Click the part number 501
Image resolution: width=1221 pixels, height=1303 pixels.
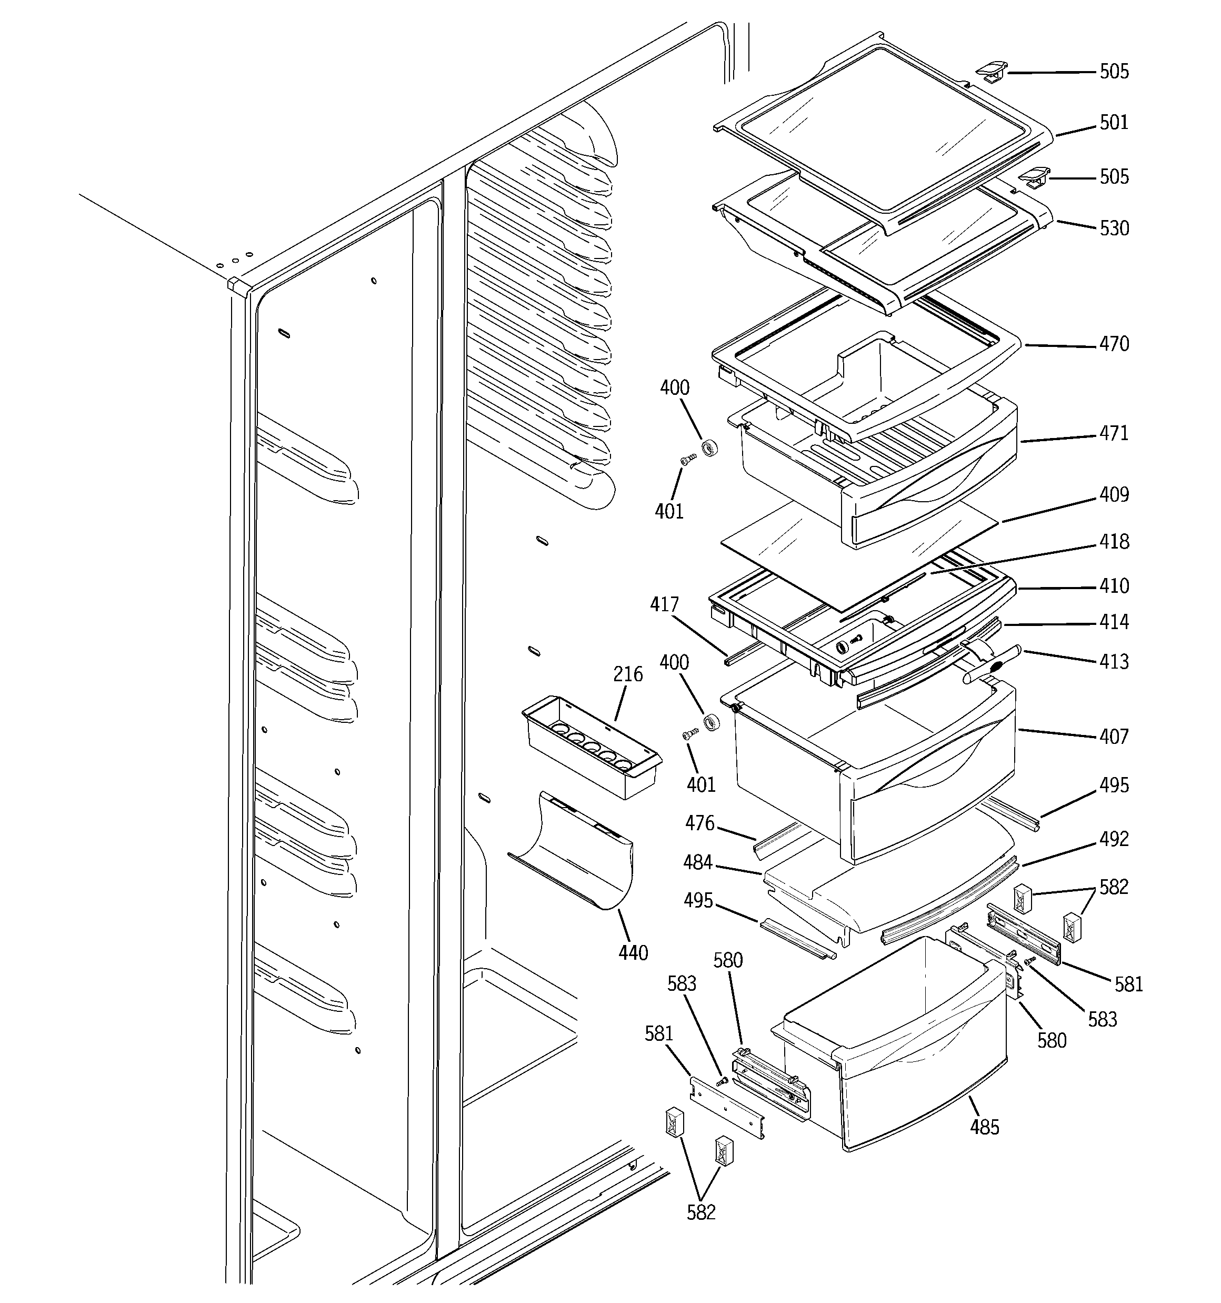pos(1114,123)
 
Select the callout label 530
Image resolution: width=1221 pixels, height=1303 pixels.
pos(1114,228)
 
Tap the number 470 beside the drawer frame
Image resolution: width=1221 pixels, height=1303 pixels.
pos(1114,344)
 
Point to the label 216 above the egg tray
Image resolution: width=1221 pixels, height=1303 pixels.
pos(628,674)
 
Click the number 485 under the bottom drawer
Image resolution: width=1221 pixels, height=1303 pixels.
pos(984,1127)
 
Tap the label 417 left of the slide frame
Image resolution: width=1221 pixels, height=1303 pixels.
pos(664,604)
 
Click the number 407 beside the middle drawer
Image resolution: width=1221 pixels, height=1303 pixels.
pos(1114,737)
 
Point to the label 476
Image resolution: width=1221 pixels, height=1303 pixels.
pos(699,823)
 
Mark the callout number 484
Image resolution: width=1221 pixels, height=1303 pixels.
pos(697,862)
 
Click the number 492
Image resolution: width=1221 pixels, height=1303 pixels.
pos(1114,839)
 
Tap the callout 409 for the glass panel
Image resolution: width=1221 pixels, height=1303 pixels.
pos(1114,494)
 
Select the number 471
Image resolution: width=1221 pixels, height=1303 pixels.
pos(1114,433)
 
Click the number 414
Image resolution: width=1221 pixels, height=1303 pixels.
pos(1114,621)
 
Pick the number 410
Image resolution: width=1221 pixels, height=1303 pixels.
pos(1114,586)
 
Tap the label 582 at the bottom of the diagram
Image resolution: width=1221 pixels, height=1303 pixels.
pos(700,1212)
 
